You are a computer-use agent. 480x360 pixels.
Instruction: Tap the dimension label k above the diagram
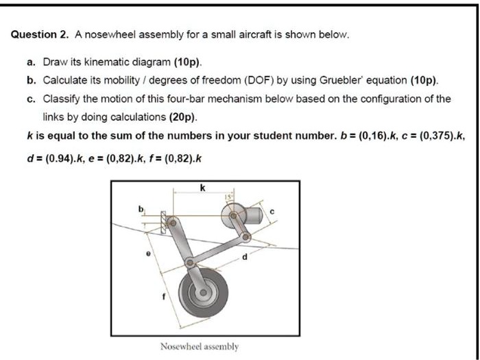pyautogui.click(x=202, y=187)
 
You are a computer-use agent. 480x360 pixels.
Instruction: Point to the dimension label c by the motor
pyautogui.click(x=272, y=212)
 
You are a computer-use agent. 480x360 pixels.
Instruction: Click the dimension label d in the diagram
pyautogui.click(x=242, y=259)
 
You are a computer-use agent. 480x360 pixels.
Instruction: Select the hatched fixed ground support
pyautogui.click(x=165, y=224)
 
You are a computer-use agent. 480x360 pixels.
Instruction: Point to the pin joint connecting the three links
pyautogui.click(x=190, y=263)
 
